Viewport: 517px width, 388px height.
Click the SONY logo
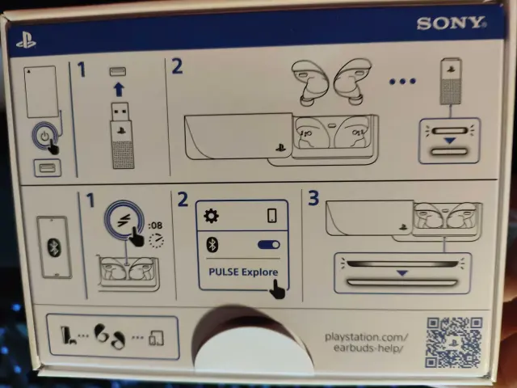point(452,23)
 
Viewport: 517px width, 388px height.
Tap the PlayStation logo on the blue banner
point(27,40)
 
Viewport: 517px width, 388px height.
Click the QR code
point(454,342)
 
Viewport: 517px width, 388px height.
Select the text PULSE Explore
point(243,272)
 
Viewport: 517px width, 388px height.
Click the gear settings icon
point(211,216)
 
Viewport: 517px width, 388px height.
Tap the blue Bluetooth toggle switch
point(269,244)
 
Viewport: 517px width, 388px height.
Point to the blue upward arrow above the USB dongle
point(119,89)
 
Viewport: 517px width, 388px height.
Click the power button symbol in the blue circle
point(45,136)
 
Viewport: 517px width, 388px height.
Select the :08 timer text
point(155,226)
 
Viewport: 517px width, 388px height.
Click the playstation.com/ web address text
point(366,337)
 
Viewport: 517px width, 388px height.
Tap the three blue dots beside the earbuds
point(402,81)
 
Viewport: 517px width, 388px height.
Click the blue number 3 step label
point(313,197)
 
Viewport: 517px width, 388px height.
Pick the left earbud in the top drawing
point(310,82)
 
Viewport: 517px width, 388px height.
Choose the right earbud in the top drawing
point(352,81)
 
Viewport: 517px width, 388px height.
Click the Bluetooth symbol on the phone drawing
point(54,247)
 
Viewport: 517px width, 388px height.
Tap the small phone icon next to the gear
point(272,216)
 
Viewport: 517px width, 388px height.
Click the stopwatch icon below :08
point(156,240)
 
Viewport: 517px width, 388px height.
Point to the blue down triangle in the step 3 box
point(402,273)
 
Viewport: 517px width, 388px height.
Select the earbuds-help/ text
point(368,348)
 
